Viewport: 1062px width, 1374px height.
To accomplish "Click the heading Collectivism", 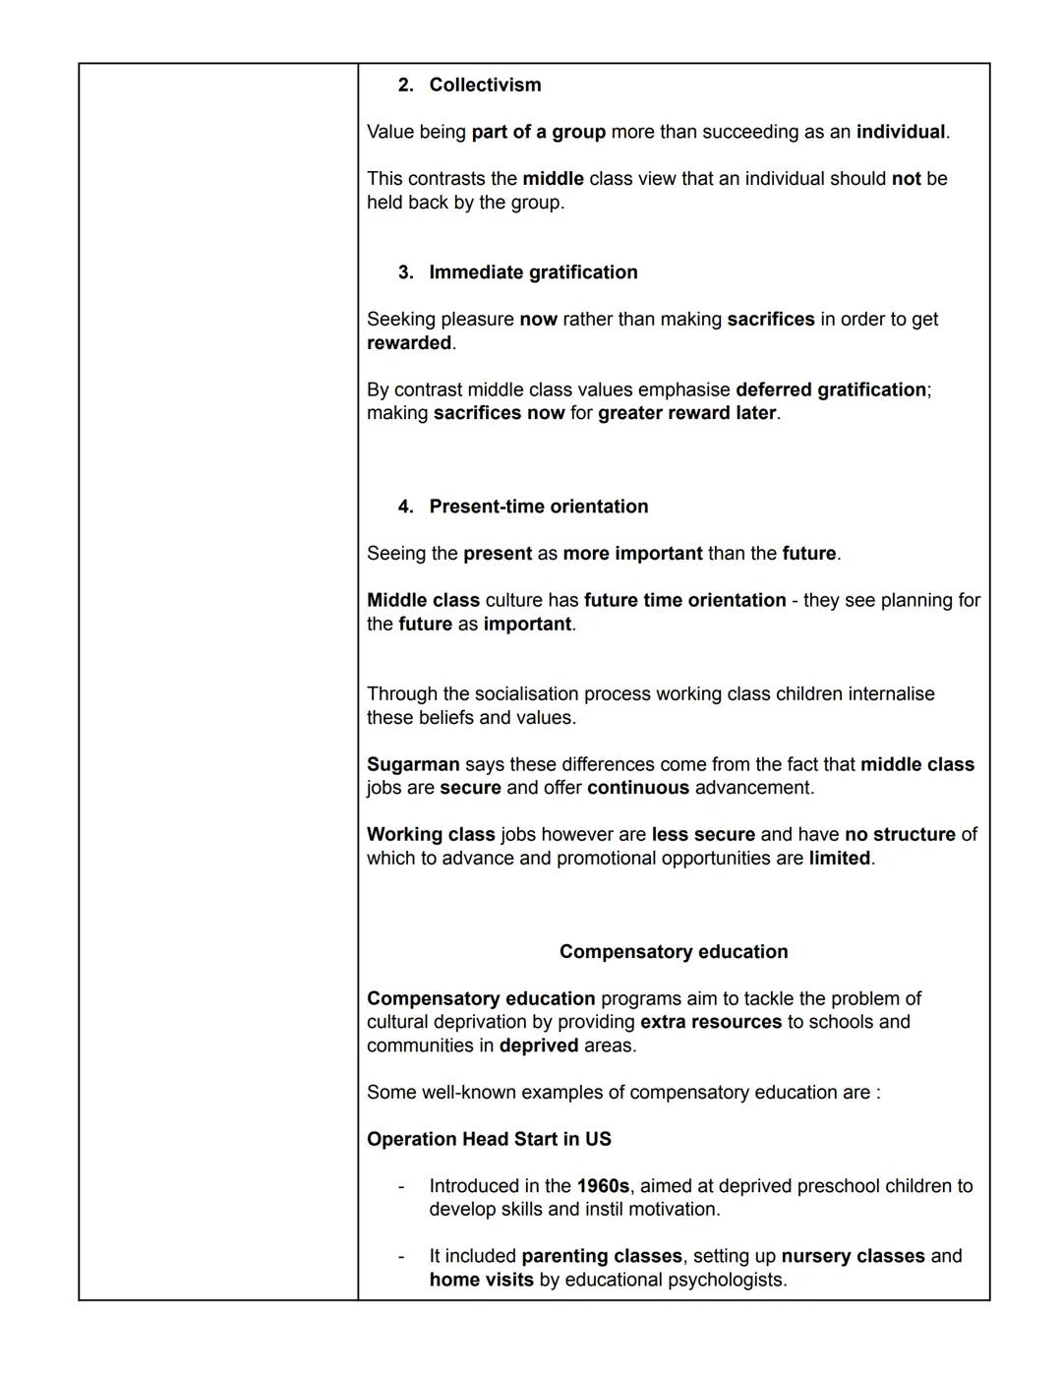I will (x=485, y=85).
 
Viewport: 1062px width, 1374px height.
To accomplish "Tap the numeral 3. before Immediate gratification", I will (x=406, y=272).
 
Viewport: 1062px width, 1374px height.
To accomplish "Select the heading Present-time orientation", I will (x=538, y=507).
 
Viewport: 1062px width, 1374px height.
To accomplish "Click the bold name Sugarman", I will (x=413, y=764).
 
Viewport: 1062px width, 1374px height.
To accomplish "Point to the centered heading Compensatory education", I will (x=674, y=951).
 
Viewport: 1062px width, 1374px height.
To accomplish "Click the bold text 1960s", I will (x=602, y=1185).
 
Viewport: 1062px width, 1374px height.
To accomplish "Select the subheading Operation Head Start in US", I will (x=489, y=1139).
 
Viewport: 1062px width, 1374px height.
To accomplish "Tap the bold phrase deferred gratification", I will (x=831, y=389).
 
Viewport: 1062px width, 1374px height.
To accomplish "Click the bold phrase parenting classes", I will (x=601, y=1256).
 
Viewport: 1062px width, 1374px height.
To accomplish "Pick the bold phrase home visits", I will (x=481, y=1280).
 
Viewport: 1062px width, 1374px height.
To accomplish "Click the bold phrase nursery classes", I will (x=853, y=1256).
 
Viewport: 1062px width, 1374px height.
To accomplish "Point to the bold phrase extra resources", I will (x=710, y=1022).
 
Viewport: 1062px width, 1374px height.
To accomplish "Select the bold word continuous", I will (x=638, y=788).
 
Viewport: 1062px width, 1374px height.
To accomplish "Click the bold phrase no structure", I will (x=900, y=834).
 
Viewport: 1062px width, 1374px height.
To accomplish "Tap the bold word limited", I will (x=839, y=858).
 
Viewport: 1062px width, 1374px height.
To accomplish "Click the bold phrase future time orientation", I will (x=684, y=600).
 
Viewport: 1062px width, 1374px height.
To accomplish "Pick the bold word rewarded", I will (x=409, y=342).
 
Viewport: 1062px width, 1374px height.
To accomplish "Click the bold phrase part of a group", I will (x=538, y=132).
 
